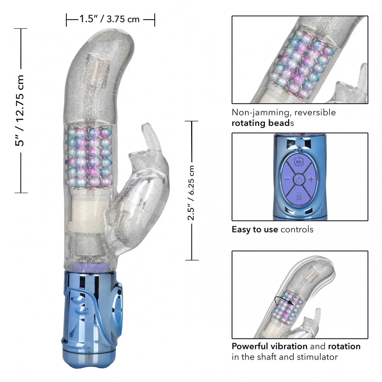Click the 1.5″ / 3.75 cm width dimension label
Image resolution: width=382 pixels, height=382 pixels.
(110, 19)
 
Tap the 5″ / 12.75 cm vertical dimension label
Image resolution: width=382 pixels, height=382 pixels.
(20, 111)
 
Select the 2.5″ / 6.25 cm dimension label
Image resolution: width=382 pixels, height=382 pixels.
(191, 193)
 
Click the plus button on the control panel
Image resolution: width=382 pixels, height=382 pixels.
(311, 180)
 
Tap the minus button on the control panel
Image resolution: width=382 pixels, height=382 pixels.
(287, 180)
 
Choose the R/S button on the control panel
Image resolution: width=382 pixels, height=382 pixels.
(299, 162)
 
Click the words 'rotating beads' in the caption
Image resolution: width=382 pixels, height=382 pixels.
(263, 123)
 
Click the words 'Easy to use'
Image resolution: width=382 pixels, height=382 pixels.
(255, 229)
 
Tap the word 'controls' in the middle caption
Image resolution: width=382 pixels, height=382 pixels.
(297, 229)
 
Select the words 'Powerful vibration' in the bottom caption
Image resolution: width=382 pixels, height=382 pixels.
(269, 346)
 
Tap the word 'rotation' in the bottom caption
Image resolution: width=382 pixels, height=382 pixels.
(344, 346)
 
